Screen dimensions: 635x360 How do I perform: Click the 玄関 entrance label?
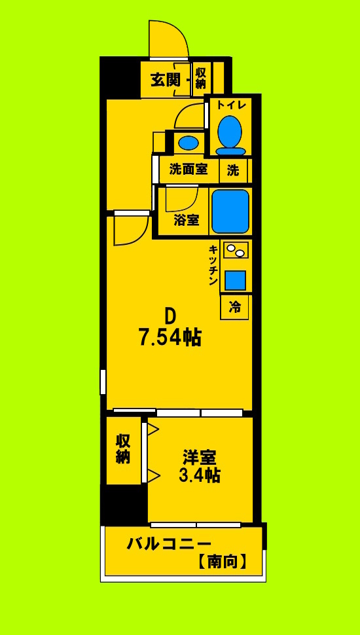pos(165,80)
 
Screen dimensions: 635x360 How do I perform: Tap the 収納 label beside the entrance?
pos(200,78)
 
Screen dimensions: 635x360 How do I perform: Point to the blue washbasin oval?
pos(189,142)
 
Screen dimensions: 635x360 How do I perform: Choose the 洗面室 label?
pos(189,170)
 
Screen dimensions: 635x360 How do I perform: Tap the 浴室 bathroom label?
pos(187,220)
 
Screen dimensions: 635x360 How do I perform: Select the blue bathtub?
pos(230,211)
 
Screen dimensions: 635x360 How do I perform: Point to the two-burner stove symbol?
pos(236,249)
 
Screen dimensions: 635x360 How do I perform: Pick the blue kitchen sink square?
pos(236,280)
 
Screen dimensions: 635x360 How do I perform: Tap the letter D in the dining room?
pos(170,316)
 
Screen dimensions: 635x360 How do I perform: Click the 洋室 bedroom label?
pos(200,456)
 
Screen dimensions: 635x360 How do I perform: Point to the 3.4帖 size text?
pos(200,475)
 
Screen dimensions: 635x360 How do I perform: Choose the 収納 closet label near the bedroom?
pos(123,449)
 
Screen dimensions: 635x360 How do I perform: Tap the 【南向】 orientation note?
pos(222,561)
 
